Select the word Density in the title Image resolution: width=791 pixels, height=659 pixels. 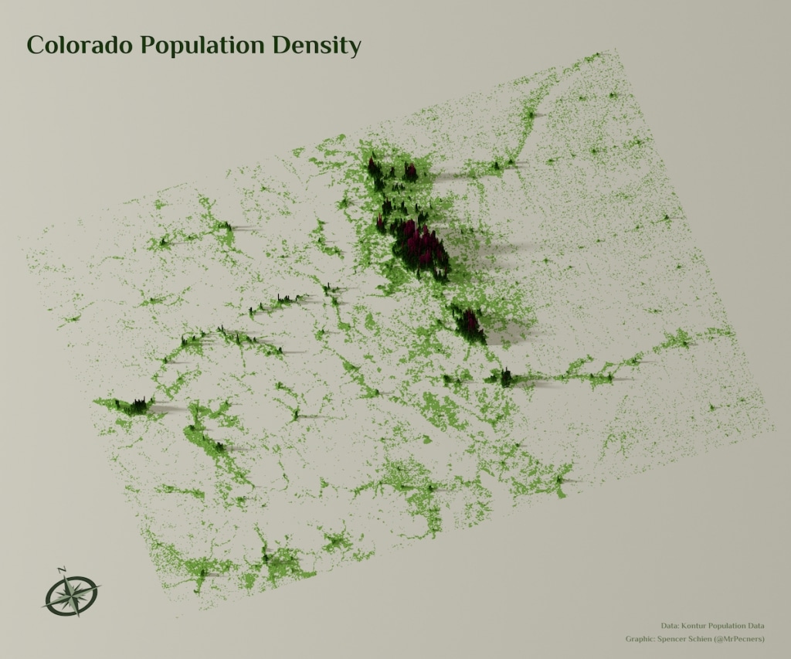click(317, 46)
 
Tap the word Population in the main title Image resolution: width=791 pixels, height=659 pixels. click(204, 46)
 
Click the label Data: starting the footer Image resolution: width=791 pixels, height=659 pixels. click(670, 625)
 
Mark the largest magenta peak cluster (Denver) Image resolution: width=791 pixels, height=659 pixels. click(421, 247)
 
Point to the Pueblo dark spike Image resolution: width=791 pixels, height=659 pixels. click(506, 377)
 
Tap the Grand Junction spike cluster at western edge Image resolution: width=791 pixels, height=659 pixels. click(135, 405)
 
